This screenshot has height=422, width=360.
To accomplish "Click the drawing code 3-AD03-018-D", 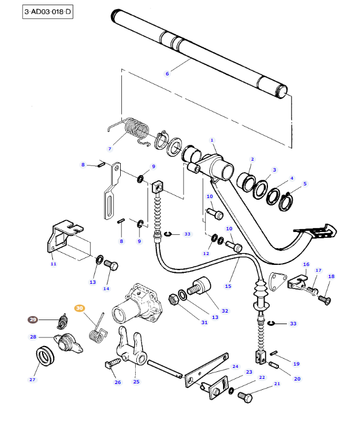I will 48,12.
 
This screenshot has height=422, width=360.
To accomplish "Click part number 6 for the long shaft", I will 167,74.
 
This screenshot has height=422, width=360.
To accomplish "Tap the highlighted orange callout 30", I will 80,309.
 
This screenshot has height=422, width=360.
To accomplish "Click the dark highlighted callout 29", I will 33,320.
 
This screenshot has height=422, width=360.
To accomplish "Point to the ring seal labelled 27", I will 44,356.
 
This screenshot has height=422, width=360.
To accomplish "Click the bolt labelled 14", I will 112,266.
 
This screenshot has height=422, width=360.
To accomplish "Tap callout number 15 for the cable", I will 228,286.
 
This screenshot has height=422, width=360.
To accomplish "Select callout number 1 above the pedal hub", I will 212,140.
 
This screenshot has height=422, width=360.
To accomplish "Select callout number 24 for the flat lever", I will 235,367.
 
